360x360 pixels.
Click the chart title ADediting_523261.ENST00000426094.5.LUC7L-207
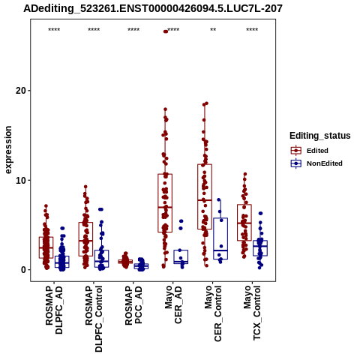click(153, 8)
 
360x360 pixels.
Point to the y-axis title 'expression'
click(8, 150)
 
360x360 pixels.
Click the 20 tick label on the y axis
click(21, 91)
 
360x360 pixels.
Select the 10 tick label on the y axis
click(21, 180)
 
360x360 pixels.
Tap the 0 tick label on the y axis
click(24, 270)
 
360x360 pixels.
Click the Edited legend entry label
click(317, 151)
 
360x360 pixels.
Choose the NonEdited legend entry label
click(325, 163)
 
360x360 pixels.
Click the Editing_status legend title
click(320, 136)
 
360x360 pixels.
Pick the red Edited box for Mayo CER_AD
click(165, 203)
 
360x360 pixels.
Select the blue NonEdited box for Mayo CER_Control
click(220, 238)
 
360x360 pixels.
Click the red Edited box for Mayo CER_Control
click(205, 196)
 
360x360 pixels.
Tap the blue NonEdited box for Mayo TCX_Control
click(260, 248)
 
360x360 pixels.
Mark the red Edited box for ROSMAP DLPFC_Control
click(85, 239)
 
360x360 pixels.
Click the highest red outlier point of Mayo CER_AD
click(166, 31)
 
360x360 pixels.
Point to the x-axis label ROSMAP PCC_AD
click(133, 305)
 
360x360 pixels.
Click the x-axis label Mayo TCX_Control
click(252, 313)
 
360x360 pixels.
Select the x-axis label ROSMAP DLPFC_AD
click(54, 310)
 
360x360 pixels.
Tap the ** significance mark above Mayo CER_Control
click(213, 30)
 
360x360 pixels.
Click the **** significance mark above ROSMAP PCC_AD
click(133, 30)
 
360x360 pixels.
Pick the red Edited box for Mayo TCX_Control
click(244, 223)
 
